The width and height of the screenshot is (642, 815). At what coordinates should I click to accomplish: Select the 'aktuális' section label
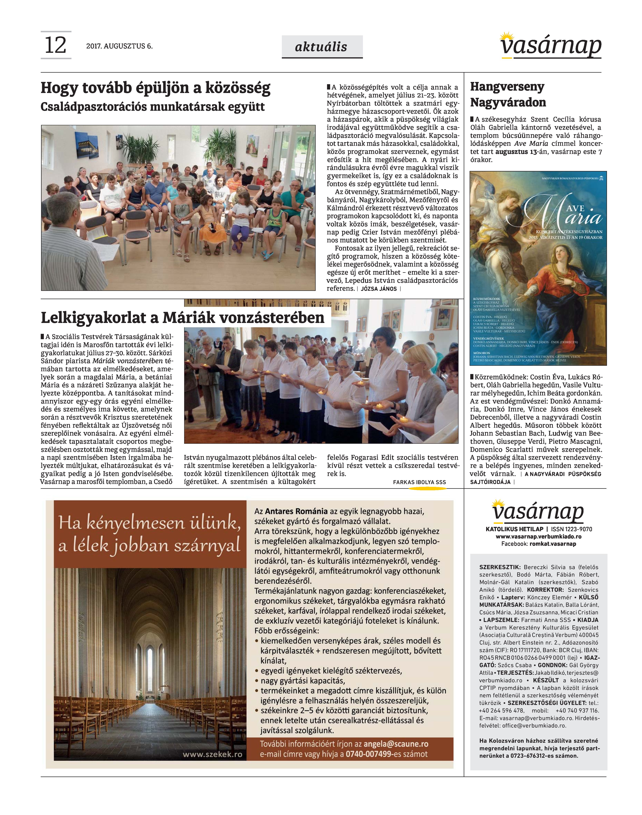tap(322, 47)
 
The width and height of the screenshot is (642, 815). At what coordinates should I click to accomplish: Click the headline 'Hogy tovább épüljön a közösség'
tap(156, 88)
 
